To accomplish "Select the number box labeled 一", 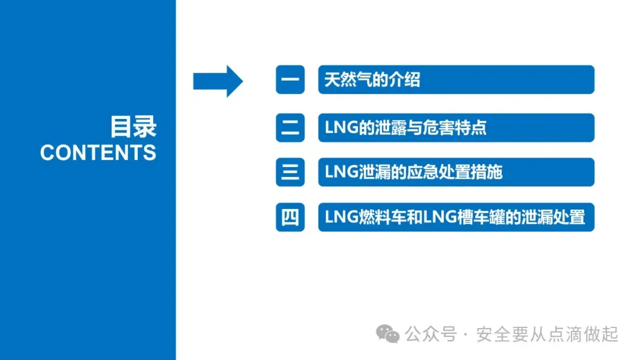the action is (290, 80).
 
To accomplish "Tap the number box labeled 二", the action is (290, 127).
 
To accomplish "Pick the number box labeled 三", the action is (290, 172).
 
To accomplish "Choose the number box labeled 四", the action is (290, 217).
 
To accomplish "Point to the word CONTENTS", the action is (98, 153).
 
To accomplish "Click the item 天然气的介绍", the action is (372, 80).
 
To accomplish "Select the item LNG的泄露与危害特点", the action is (405, 127).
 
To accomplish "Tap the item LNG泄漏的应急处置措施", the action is (414, 172).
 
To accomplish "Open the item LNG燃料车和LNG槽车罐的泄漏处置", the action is (454, 217).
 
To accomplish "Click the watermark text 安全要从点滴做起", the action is (547, 335).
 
